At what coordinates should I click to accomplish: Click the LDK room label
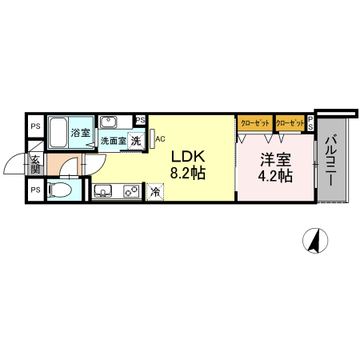[188, 157]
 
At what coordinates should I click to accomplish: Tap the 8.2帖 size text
[188, 173]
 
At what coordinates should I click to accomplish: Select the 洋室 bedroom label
[275, 159]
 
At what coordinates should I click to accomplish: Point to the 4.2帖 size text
[275, 176]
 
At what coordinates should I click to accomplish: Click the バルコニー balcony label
[330, 160]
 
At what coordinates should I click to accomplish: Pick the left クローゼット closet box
[255, 123]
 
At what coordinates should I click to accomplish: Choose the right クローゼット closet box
[290, 123]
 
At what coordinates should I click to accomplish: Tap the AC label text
[160, 139]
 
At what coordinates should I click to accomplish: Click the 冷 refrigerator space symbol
[155, 192]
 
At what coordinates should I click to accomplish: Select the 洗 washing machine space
[136, 141]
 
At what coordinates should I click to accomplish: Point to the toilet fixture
[60, 190]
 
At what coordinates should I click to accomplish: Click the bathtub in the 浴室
[58, 132]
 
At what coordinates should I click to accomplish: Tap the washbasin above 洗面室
[108, 122]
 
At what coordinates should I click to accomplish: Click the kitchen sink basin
[103, 191]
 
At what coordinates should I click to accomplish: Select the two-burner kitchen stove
[131, 191]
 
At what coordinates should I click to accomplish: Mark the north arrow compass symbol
[315, 241]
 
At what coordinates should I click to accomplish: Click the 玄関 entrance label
[35, 164]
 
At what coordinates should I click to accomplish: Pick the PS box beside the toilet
[36, 190]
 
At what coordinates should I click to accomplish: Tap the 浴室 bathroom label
[80, 133]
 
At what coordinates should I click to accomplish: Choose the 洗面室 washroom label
[113, 141]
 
